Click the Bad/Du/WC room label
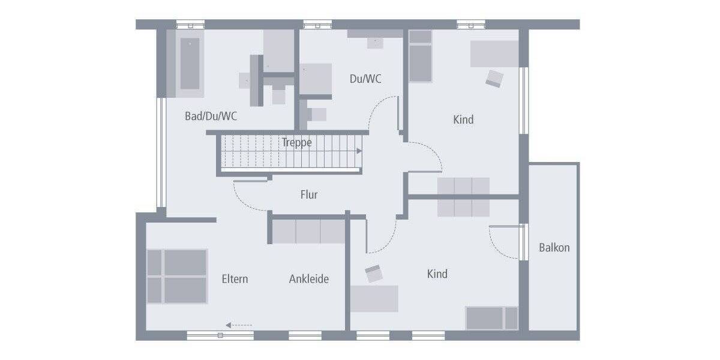point(211,116)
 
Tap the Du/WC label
point(365,79)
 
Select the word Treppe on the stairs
point(296,143)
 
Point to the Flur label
point(309,195)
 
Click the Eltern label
point(235,279)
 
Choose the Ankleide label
point(309,279)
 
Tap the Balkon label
point(554,247)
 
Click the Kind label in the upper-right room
point(463,119)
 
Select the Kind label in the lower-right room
point(437,274)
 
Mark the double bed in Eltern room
point(178,277)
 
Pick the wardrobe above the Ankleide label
point(308,231)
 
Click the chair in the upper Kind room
point(494,79)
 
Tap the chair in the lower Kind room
point(374,274)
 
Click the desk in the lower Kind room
point(375,298)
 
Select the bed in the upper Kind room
point(420,56)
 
